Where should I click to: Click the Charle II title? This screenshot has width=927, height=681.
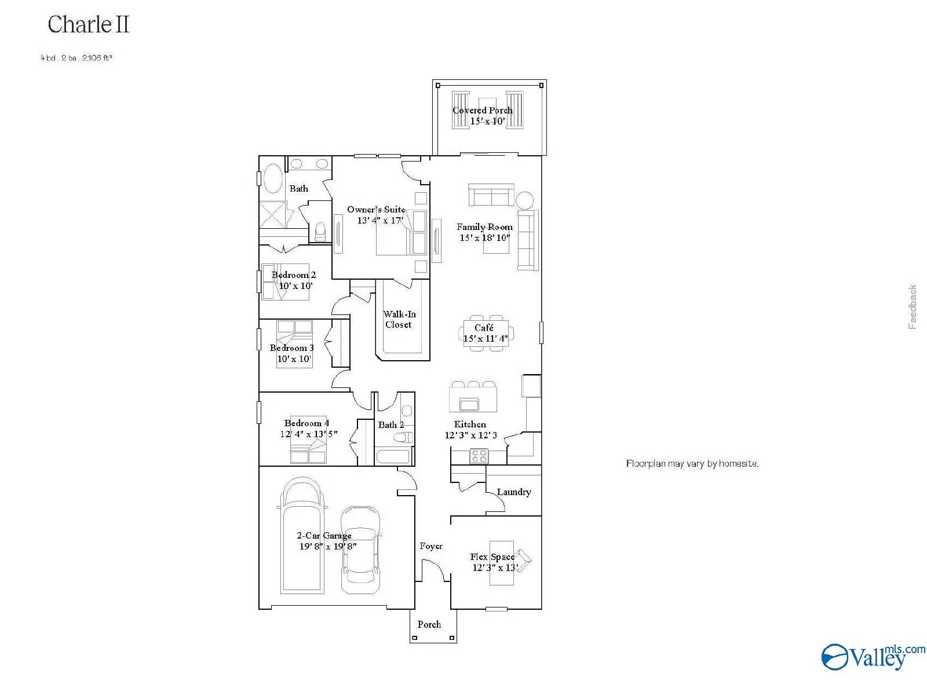pos(88,24)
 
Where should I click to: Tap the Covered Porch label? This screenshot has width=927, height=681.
pos(483,110)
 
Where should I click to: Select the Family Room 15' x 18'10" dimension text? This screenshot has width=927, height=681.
pos(485,237)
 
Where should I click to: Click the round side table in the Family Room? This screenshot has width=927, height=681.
pos(525,200)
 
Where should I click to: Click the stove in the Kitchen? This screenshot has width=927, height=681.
pos(479,456)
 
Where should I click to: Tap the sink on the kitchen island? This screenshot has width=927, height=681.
pos(469,404)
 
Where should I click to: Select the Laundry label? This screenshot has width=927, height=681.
pos(513,492)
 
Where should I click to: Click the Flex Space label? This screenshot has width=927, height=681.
pos(492,556)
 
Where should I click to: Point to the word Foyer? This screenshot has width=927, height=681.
pos(431,546)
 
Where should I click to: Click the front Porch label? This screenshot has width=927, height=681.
pos(429,624)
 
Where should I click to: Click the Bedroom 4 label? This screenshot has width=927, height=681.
pos(306,423)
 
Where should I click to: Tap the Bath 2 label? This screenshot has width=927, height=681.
pos(391,424)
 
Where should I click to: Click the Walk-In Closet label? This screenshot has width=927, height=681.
pos(399,319)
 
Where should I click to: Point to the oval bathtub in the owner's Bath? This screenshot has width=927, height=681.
pos(273,178)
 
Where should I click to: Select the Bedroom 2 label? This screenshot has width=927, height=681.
pos(294,274)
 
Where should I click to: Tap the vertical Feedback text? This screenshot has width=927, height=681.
pos(913,307)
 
